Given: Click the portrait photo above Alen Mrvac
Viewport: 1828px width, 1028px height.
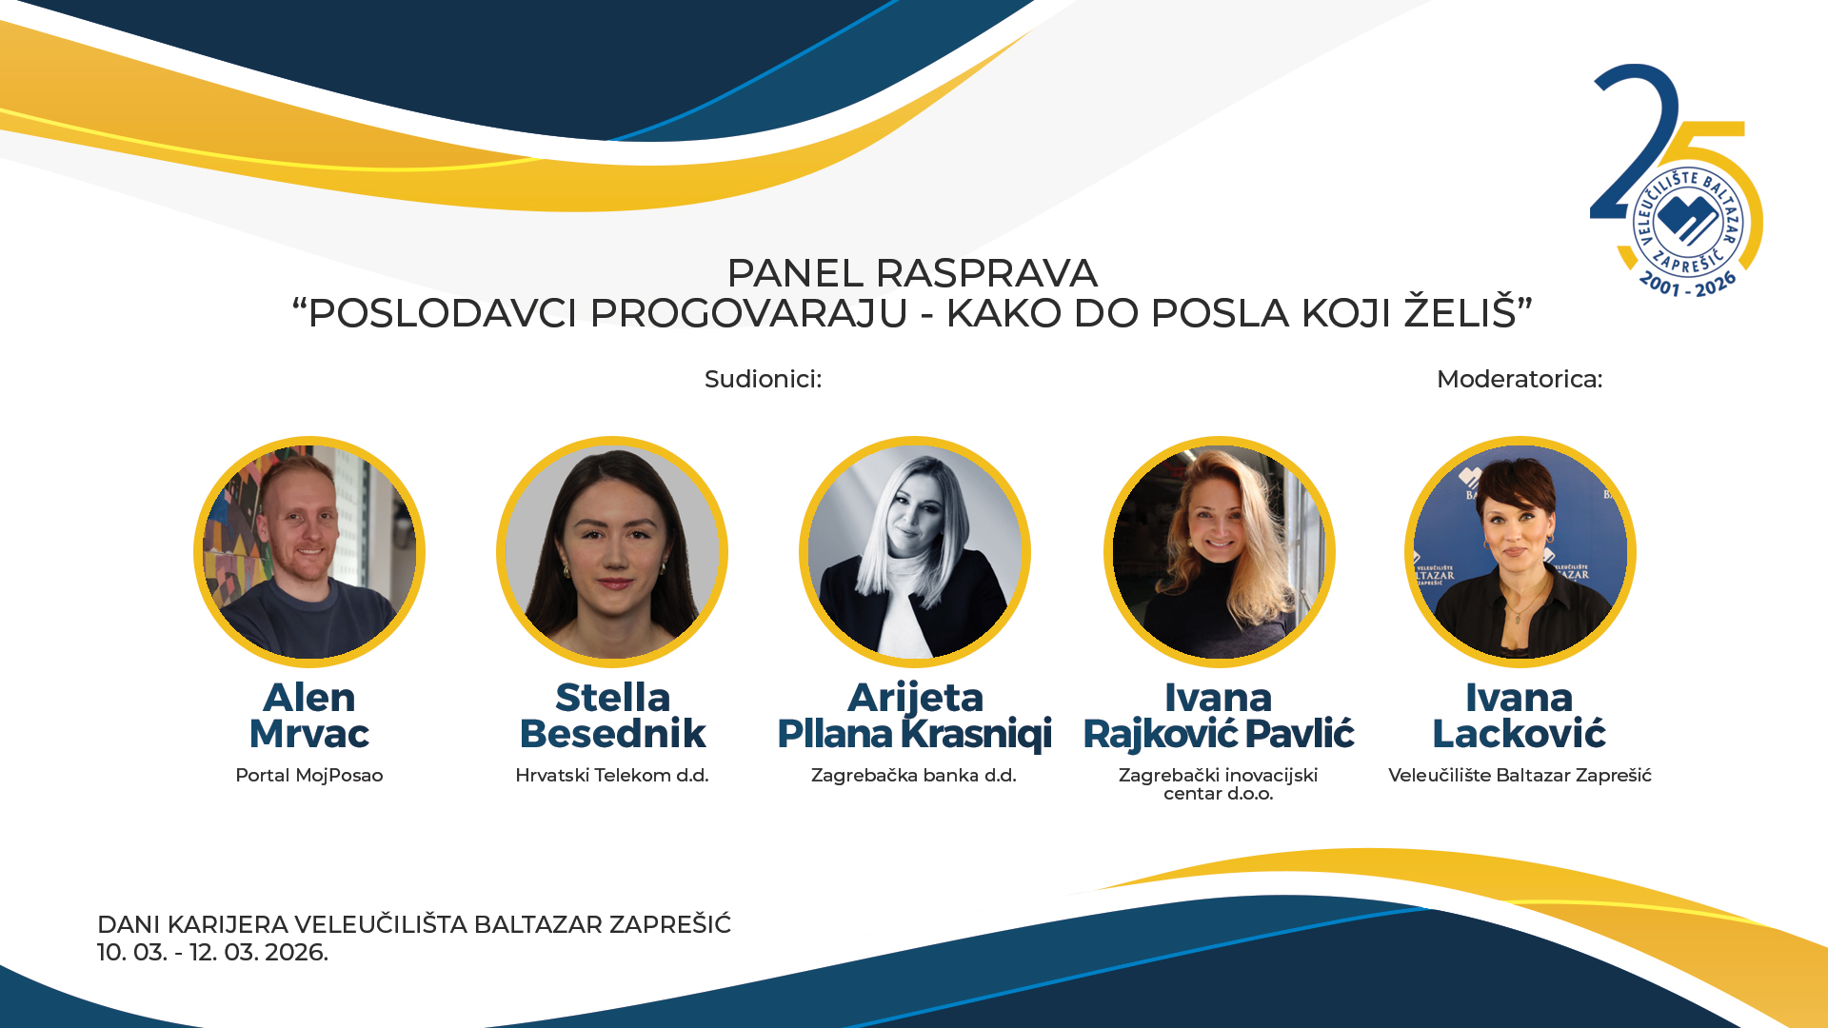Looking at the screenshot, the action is pyautogui.click(x=309, y=552).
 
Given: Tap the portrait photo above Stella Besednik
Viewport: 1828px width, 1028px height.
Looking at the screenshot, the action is pyautogui.click(x=612, y=552).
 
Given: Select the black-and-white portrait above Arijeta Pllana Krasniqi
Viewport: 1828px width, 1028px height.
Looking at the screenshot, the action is pyautogui.click(x=915, y=552).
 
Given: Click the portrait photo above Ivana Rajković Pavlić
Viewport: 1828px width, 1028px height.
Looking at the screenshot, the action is pyautogui.click(x=1219, y=552).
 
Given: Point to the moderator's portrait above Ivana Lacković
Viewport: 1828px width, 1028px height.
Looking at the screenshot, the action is pyautogui.click(x=1520, y=552).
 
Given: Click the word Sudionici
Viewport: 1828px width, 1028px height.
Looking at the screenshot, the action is pyautogui.click(x=763, y=379).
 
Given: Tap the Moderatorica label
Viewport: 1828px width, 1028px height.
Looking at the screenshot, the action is pyautogui.click(x=1520, y=379).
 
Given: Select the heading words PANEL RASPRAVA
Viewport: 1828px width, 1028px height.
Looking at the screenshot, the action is pyautogui.click(x=912, y=273).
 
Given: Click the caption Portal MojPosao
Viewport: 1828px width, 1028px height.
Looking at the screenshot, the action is pyautogui.click(x=309, y=776).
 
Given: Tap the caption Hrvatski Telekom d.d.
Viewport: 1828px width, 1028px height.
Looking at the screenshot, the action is pyautogui.click(x=612, y=776).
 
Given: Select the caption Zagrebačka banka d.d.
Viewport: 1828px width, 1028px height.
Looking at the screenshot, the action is pyautogui.click(x=914, y=776).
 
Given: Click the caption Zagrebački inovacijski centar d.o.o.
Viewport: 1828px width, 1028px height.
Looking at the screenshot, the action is pyautogui.click(x=1219, y=784).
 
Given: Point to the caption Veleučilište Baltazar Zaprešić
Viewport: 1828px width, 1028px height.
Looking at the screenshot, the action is pyautogui.click(x=1520, y=776).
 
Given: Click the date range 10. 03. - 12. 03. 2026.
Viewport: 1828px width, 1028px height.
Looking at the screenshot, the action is pyautogui.click(x=212, y=953).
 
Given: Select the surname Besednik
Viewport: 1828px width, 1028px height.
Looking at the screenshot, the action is pyautogui.click(x=612, y=734).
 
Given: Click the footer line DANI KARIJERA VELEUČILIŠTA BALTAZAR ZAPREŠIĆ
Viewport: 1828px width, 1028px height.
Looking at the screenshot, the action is pyautogui.click(x=414, y=924).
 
